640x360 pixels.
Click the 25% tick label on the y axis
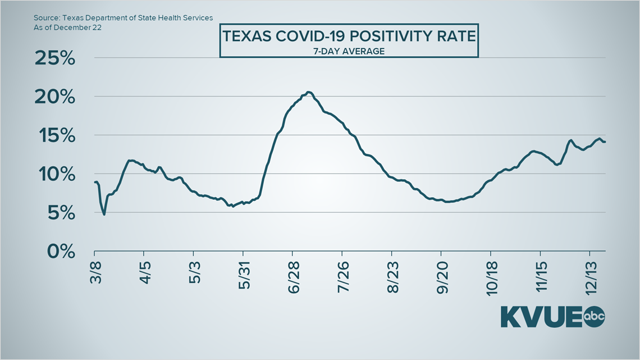[x=54, y=58]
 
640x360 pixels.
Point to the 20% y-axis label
[x=54, y=97]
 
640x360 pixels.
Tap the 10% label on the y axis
[x=55, y=174]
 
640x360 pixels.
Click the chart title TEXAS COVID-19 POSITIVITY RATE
[x=349, y=37]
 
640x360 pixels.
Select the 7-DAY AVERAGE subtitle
[x=349, y=51]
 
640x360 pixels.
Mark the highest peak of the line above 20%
[x=308, y=92]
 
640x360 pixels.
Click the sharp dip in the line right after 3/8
[x=104, y=214]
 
